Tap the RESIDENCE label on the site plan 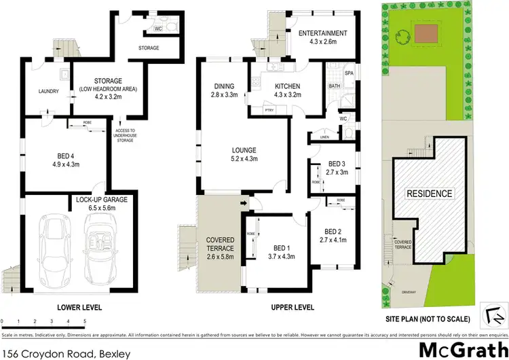click(429, 194)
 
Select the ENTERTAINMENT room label click(323, 33)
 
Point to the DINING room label click(224, 86)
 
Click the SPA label click(350, 73)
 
